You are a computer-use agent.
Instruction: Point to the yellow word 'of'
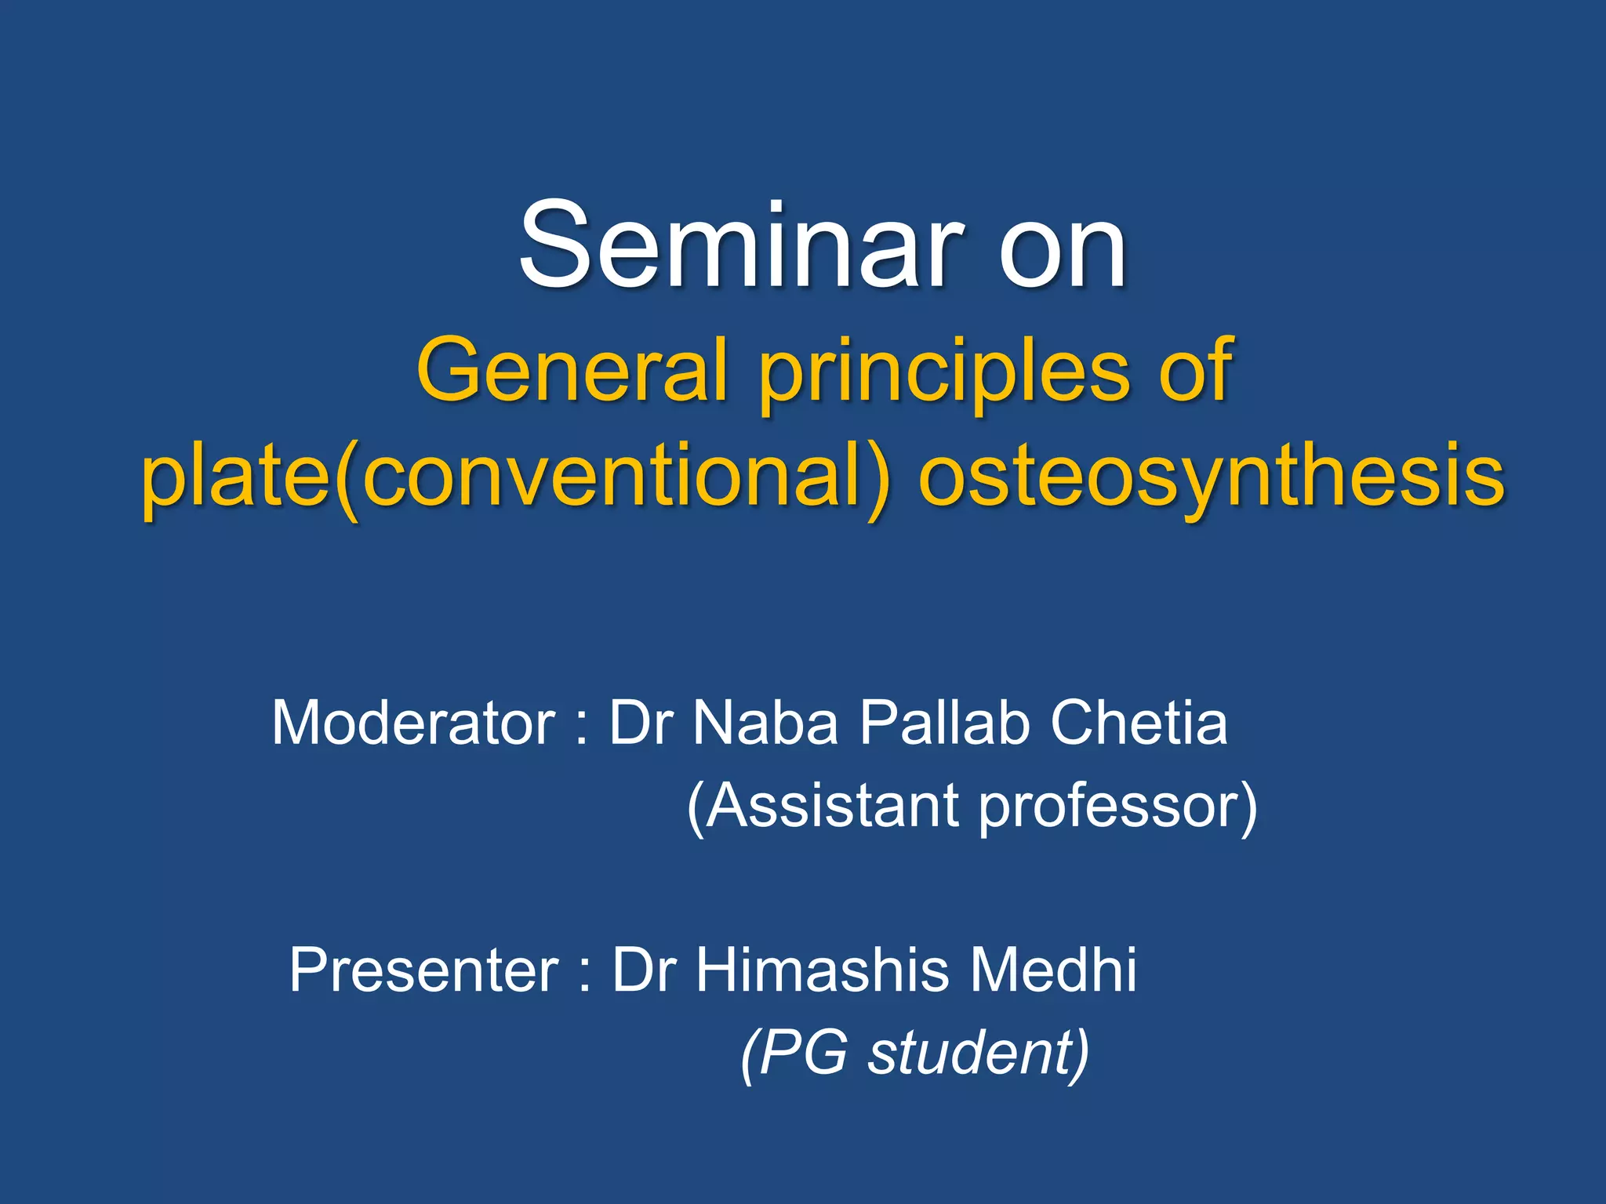point(1195,368)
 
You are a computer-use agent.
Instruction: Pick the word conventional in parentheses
point(616,475)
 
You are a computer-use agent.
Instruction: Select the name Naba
point(765,723)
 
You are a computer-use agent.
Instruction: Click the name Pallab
point(944,723)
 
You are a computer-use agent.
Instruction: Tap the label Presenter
point(423,970)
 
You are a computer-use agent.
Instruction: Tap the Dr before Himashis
point(643,970)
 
